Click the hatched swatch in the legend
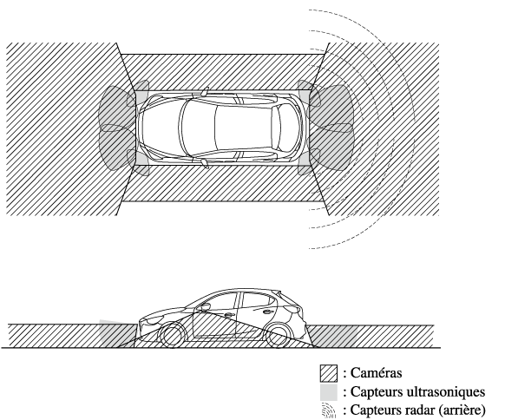pyautogui.click(x=329, y=373)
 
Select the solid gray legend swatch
pyautogui.click(x=329, y=392)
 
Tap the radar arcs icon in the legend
pyautogui.click(x=329, y=410)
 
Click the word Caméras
pyautogui.click(x=376, y=373)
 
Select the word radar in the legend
pyautogui.click(x=420, y=410)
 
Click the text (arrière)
pyautogui.click(x=462, y=410)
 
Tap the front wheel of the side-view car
pyautogui.click(x=173, y=336)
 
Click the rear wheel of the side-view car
pyautogui.click(x=279, y=336)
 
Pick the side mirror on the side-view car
pyautogui.click(x=204, y=307)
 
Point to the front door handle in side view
pyautogui.click(x=228, y=315)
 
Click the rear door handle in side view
pyautogui.click(x=268, y=312)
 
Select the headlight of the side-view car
pyautogui.click(x=154, y=320)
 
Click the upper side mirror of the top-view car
pyautogui.click(x=205, y=91)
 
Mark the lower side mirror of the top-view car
pyautogui.click(x=205, y=164)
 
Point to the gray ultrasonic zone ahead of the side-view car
pyautogui.click(x=116, y=334)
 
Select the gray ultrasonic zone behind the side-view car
pyautogui.click(x=333, y=336)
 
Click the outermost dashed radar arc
pyautogui.click(x=414, y=128)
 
